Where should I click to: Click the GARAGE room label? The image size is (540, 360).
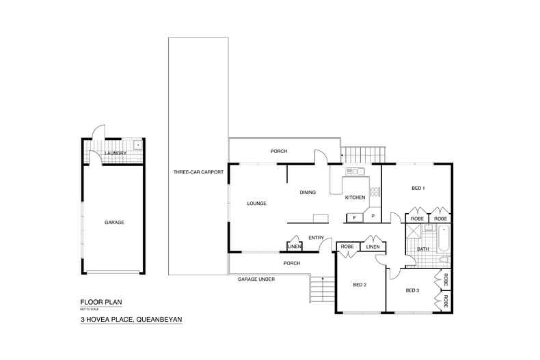click(x=114, y=223)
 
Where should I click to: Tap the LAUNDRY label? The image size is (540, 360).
click(x=116, y=153)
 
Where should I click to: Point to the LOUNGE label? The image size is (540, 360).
click(x=256, y=204)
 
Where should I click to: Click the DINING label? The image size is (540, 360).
click(x=308, y=193)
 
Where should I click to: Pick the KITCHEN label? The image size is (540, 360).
click(x=355, y=197)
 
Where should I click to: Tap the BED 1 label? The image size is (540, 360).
click(x=418, y=188)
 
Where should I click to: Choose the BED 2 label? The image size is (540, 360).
click(x=360, y=285)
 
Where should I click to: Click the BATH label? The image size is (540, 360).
click(x=422, y=249)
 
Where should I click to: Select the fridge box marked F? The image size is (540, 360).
click(x=353, y=218)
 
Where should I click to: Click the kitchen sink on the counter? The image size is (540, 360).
click(x=355, y=171)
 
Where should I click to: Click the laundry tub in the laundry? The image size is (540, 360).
click(x=137, y=145)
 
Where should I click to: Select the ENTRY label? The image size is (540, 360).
click(x=316, y=238)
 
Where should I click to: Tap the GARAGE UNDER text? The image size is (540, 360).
click(x=256, y=280)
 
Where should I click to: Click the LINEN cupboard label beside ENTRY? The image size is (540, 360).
click(x=295, y=246)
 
